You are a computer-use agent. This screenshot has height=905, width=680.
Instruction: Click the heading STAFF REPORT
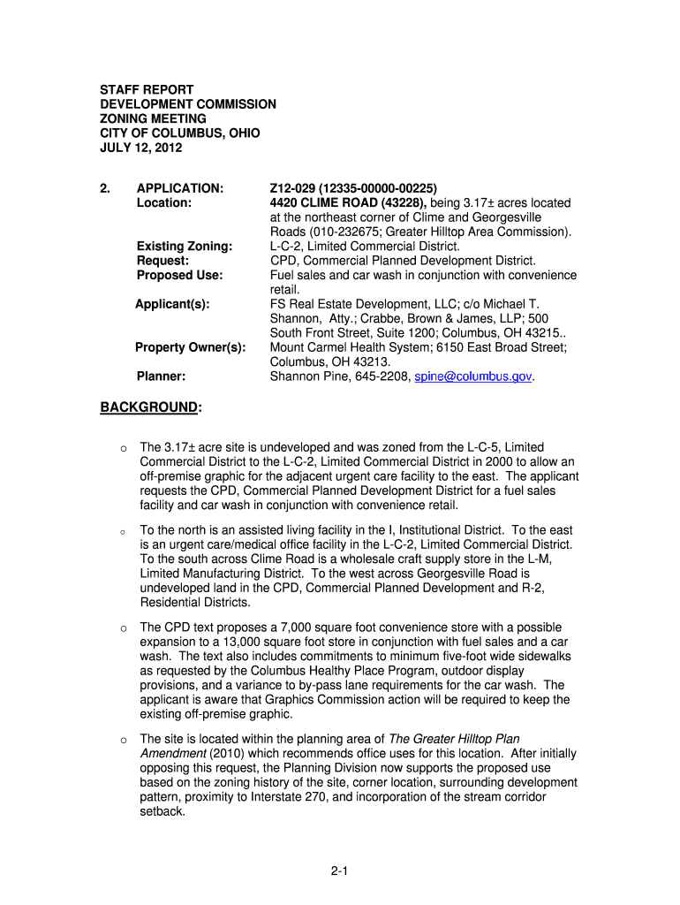tap(146, 90)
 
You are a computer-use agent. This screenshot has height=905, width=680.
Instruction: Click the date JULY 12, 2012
tap(140, 148)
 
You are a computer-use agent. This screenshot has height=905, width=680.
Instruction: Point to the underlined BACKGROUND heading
tap(148, 407)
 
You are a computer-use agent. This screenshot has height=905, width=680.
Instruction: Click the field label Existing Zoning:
tap(185, 246)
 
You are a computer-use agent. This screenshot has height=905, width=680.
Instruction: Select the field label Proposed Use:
tap(179, 275)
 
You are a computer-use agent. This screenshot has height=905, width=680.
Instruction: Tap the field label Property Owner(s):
tap(190, 347)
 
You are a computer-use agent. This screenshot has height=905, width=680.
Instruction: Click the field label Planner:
tap(161, 376)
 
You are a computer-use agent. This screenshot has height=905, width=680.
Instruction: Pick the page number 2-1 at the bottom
tap(340, 872)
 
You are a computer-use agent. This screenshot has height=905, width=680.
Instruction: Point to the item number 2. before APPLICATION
tap(104, 188)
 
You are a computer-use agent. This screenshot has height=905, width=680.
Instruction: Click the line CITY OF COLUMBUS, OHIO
tap(179, 133)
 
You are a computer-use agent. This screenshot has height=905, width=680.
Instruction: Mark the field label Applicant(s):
tap(172, 304)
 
